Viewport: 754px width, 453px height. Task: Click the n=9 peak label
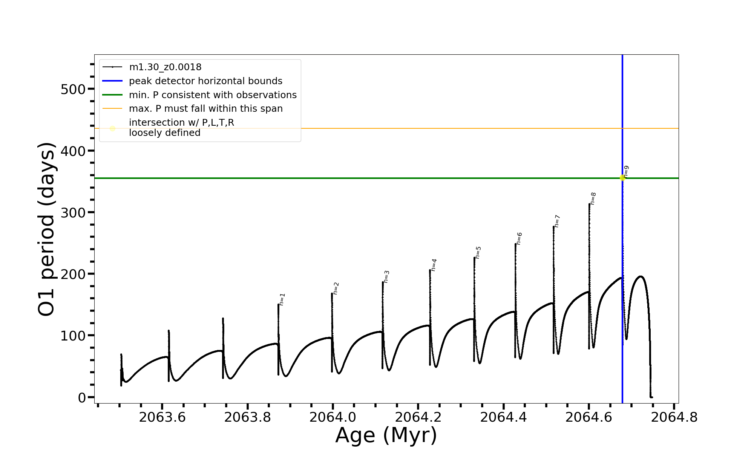tap(626, 171)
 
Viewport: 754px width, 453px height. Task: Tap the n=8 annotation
tap(593, 199)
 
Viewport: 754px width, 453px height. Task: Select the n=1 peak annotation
tap(282, 299)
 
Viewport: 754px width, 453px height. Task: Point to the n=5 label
tap(478, 252)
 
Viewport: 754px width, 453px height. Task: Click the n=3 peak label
tap(386, 276)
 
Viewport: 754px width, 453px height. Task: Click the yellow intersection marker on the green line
tap(622, 178)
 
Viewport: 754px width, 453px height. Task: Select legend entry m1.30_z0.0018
tap(165, 67)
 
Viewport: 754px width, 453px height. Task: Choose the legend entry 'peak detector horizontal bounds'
tap(205, 81)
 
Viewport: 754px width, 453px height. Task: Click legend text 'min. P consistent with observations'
tap(213, 95)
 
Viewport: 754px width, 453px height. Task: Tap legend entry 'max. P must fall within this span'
tap(205, 109)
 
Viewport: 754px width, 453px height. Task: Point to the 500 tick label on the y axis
tap(73, 89)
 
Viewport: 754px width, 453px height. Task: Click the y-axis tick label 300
tap(73, 213)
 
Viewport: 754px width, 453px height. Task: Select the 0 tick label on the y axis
tap(82, 398)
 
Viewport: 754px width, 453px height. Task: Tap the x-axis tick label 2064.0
tap(333, 417)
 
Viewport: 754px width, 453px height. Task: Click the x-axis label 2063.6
tap(162, 417)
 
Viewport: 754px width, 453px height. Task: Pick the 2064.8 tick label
tap(674, 417)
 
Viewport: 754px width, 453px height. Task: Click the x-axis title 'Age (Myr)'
tap(386, 435)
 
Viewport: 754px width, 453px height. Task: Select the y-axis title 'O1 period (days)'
tap(47, 229)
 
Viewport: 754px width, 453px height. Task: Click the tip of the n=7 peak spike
tap(553, 226)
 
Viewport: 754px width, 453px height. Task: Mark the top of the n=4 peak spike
tap(430, 270)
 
